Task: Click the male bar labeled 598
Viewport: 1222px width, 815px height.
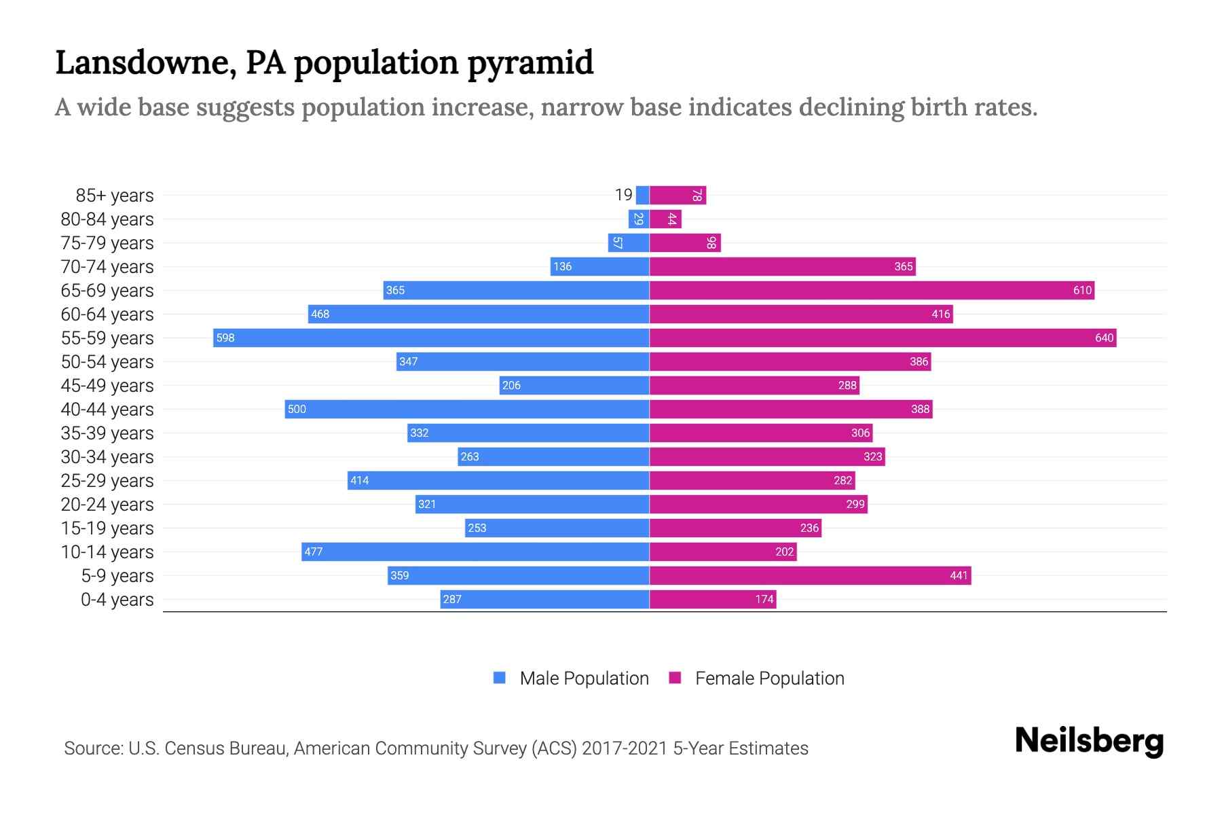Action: [x=431, y=338]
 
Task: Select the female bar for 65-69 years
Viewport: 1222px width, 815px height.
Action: [x=872, y=290]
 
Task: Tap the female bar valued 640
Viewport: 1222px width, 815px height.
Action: [x=883, y=338]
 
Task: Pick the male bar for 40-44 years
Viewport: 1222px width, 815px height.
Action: [x=467, y=409]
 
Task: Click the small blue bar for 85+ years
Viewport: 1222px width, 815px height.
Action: [x=642, y=195]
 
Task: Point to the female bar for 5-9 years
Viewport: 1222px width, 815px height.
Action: [x=810, y=575]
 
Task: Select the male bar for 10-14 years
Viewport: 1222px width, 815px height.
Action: [x=475, y=551]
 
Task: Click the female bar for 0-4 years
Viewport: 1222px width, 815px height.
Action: [x=713, y=599]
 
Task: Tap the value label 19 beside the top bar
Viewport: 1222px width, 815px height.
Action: [x=623, y=195]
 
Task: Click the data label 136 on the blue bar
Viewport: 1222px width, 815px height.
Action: [x=562, y=266]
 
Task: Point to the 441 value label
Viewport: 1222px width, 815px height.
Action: [x=959, y=575]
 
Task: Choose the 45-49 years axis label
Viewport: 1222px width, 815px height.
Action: [x=107, y=385]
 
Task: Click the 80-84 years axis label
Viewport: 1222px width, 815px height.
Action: [x=107, y=219]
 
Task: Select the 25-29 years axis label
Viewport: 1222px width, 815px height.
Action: [x=107, y=480]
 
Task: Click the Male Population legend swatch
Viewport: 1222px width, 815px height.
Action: [x=500, y=678]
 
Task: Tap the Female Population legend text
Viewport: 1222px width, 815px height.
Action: [x=769, y=678]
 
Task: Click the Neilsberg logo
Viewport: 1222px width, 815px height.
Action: [x=1089, y=741]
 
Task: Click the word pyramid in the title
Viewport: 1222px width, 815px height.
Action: [x=530, y=63]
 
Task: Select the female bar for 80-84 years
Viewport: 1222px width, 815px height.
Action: [x=665, y=219]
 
